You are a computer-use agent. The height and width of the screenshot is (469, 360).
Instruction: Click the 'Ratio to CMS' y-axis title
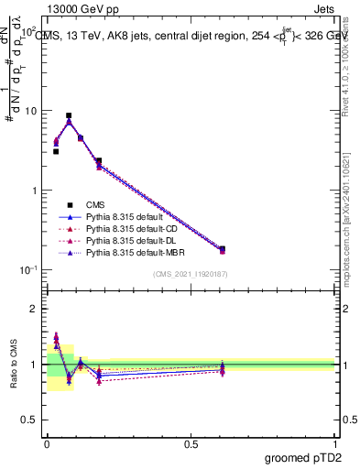pos(14,365)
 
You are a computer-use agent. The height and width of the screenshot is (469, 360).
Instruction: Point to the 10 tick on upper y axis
pos(31,111)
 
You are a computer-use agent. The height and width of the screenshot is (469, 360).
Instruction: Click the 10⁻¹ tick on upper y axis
pos(27,269)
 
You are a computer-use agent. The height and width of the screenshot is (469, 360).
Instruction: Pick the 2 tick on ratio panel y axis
pos(36,309)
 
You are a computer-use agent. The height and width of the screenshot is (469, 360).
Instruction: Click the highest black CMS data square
pos(69,116)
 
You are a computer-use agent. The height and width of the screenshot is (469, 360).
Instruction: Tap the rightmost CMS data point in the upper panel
pos(222,249)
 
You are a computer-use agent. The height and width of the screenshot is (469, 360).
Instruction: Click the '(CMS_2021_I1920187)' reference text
pos(191,275)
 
